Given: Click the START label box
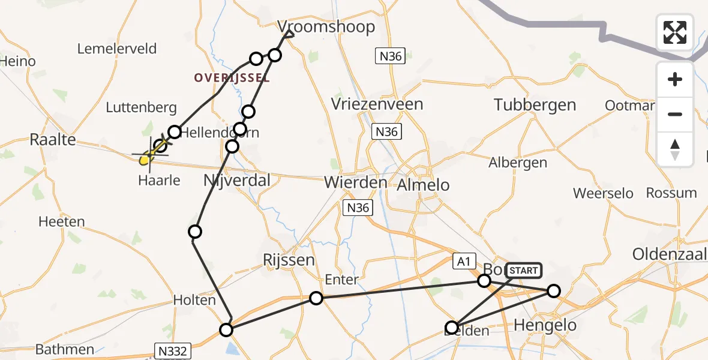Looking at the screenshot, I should pyautogui.click(x=524, y=271).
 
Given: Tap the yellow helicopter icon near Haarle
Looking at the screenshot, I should pyautogui.click(x=146, y=158).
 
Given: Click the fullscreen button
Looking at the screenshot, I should pyautogui.click(x=675, y=32).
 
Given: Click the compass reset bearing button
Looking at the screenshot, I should pyautogui.click(x=675, y=149).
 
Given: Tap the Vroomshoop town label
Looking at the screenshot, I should pyautogui.click(x=326, y=26).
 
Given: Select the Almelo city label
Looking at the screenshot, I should pyautogui.click(x=423, y=185).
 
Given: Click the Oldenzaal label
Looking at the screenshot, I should pyautogui.click(x=670, y=254).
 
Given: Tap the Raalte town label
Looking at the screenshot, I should pyautogui.click(x=53, y=140).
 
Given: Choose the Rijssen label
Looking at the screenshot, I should pyautogui.click(x=289, y=260).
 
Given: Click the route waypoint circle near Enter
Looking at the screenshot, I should pyautogui.click(x=316, y=298).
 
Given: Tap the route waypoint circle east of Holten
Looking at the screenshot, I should pyautogui.click(x=226, y=329).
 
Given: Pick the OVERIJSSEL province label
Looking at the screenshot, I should pyautogui.click(x=232, y=78).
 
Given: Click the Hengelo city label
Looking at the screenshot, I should pyautogui.click(x=545, y=326).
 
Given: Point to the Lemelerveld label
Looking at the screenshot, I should pyautogui.click(x=118, y=49).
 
